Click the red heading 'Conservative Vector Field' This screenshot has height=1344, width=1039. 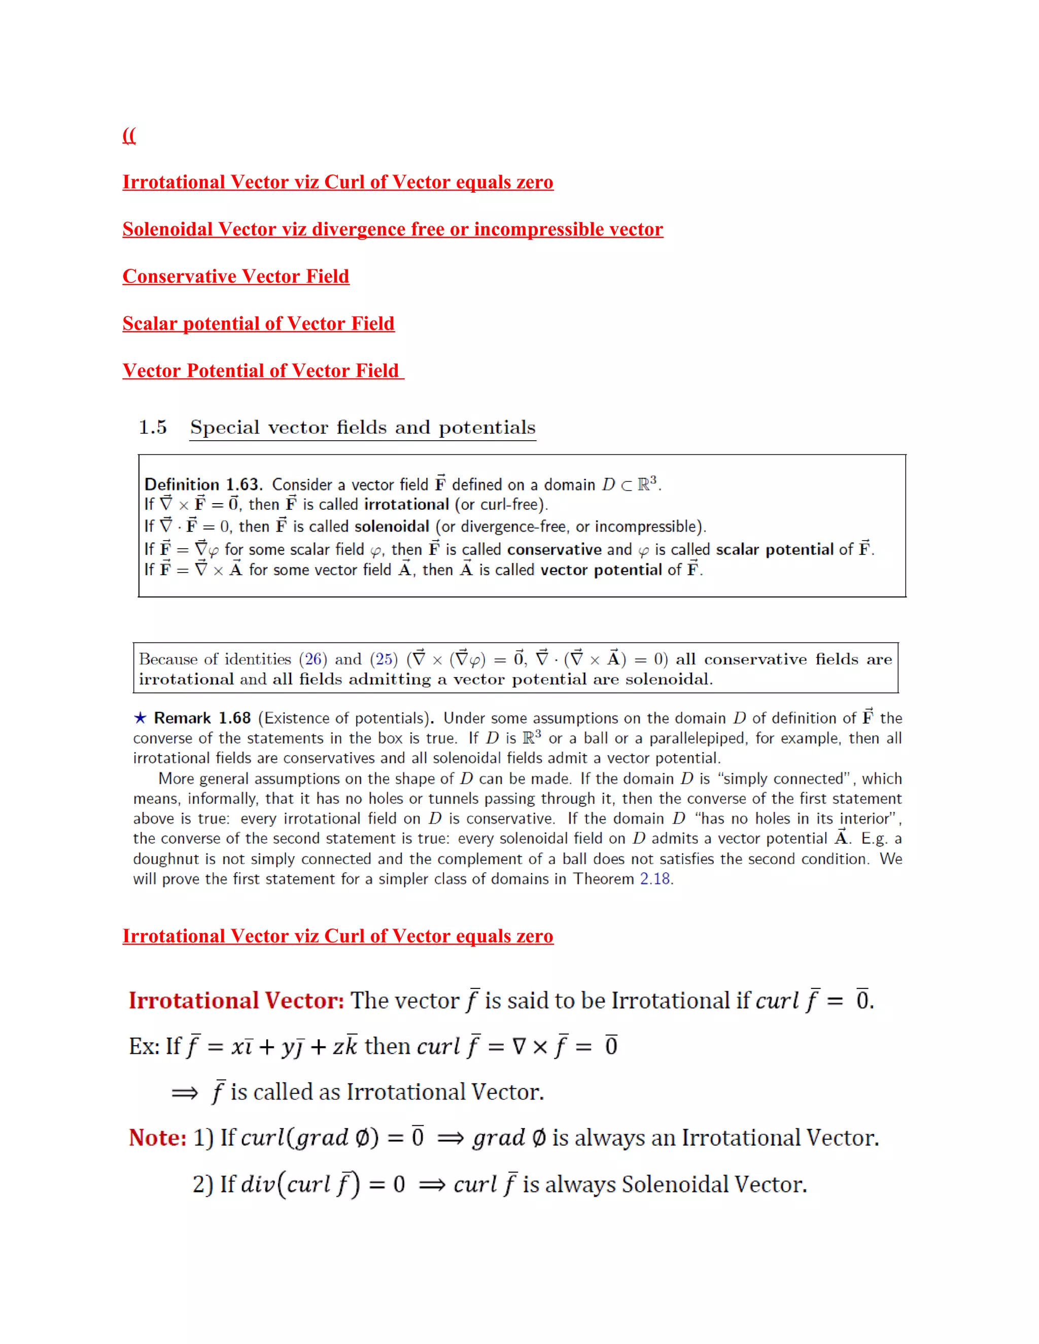tap(236, 276)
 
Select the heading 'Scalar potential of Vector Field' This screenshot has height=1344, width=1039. tap(259, 324)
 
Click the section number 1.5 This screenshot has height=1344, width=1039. tap(152, 427)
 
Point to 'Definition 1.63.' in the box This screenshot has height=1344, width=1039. tap(203, 484)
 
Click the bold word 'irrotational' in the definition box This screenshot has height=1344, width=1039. tap(406, 505)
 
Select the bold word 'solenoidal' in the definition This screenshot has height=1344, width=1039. tap(392, 527)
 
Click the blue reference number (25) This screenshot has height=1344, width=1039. tap(384, 659)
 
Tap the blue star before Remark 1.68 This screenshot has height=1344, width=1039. tap(141, 718)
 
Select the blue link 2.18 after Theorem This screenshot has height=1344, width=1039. tap(654, 879)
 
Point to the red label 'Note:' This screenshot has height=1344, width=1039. tap(158, 1138)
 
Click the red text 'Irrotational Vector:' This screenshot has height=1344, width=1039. tap(236, 1001)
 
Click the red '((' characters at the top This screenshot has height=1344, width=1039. tap(129, 135)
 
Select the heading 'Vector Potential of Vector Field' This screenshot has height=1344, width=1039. tap(263, 371)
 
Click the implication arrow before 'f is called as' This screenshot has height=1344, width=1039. tap(185, 1093)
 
